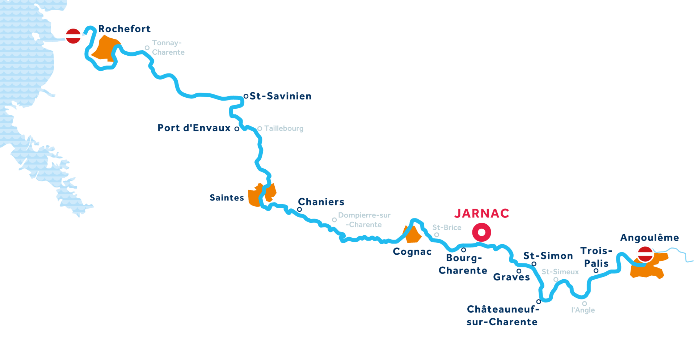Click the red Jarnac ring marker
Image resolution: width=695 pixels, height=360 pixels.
coord(481,232)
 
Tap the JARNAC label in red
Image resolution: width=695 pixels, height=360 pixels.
coord(482,213)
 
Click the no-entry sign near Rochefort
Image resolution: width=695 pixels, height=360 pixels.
coord(73,36)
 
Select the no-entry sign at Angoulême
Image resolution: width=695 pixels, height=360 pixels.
coord(645,254)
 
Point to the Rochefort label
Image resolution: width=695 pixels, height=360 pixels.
coord(124,29)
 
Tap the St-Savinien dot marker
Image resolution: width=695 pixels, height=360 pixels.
coord(246,96)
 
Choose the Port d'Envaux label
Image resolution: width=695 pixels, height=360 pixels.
coord(194,128)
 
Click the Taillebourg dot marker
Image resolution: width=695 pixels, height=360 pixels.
coord(260,128)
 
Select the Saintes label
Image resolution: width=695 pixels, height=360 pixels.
coord(227,198)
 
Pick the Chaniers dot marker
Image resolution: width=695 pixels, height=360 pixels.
coord(299,209)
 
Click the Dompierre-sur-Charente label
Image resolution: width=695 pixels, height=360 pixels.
coord(364,220)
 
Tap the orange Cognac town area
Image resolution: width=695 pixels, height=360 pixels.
coord(412,234)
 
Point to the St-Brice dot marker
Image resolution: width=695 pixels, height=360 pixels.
coord(437,235)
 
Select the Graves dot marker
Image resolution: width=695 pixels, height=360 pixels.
coord(519,271)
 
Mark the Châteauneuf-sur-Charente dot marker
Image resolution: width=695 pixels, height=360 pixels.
coord(539,301)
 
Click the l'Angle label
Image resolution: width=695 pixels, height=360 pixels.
coord(583,310)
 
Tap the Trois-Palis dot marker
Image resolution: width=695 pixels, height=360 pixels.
coord(596,271)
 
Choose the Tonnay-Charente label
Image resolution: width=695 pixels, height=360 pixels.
coord(168,47)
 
